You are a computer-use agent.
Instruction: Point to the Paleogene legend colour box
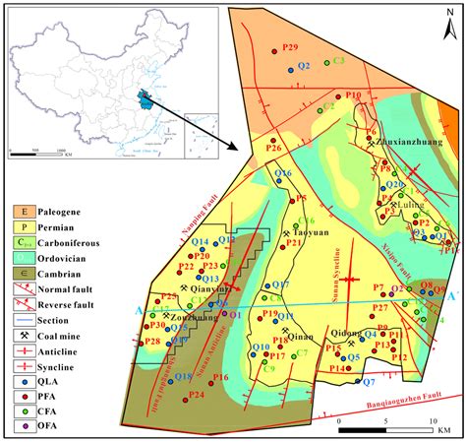[x=22, y=212]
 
